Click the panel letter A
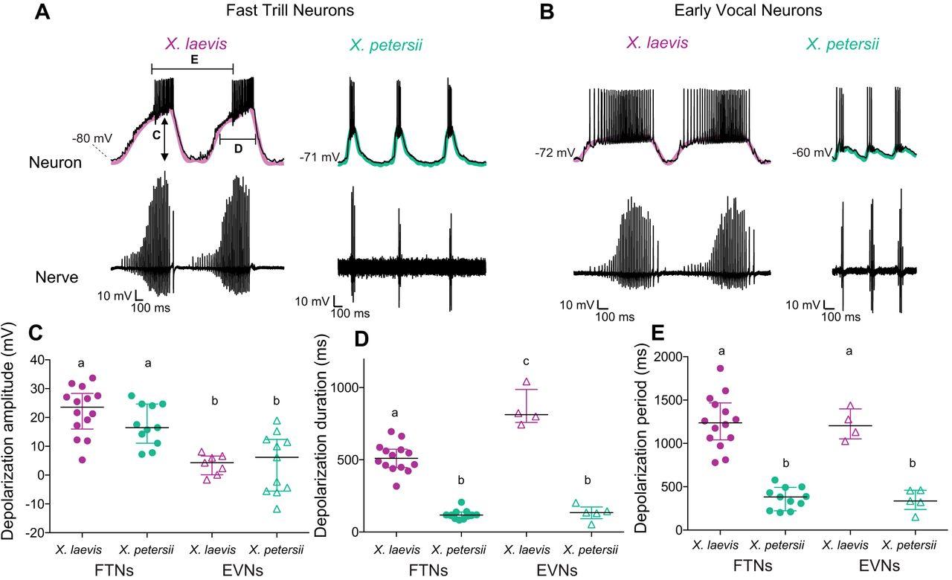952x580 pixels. tap(43, 13)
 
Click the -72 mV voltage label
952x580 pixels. tap(554, 153)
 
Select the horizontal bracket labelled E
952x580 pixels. tap(192, 69)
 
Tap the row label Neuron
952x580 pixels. tap(54, 163)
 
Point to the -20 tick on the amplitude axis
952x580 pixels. tap(33, 533)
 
